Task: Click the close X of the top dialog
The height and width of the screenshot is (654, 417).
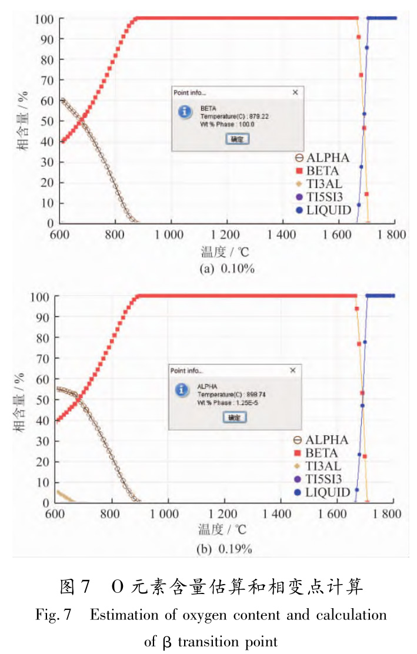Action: click(x=295, y=92)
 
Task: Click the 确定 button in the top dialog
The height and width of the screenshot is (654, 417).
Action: click(x=238, y=139)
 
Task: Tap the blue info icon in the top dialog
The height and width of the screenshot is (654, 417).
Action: click(x=184, y=111)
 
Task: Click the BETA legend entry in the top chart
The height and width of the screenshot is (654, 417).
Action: click(x=321, y=171)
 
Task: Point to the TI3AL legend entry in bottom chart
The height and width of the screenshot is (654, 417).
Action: click(x=320, y=467)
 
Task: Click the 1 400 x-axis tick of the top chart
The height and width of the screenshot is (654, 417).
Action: click(x=282, y=234)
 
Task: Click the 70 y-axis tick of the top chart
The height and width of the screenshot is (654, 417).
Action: click(x=49, y=80)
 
